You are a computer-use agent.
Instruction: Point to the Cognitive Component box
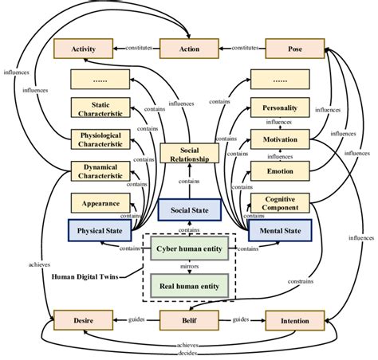pyautogui.click(x=280, y=202)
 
